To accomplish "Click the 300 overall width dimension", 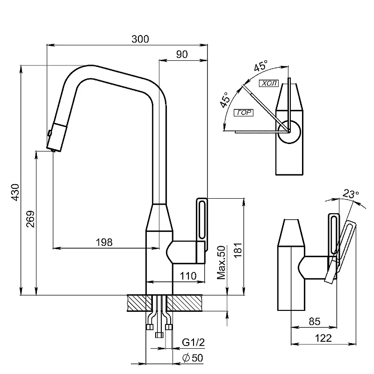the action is [140, 39].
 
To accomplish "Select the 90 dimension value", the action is [182, 54].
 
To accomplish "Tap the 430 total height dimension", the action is [15, 192].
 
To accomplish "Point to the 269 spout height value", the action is [30, 219].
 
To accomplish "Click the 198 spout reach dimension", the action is [104, 242].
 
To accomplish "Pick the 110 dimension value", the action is [188, 276].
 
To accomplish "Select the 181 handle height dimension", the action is [238, 250].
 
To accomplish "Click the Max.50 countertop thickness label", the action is [221, 262].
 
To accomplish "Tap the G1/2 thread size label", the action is [193, 342].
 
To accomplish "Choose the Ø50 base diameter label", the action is [193, 358].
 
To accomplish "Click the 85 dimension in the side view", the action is [314, 322].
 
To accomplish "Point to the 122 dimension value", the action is [323, 338].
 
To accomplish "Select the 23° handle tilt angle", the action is [351, 194].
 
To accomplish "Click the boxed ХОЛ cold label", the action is [269, 83].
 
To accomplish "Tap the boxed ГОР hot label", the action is [244, 113].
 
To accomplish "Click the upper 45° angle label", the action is [261, 65].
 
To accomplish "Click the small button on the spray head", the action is [50, 133].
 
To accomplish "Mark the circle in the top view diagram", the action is [289, 132].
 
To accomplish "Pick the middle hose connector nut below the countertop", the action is [159, 335].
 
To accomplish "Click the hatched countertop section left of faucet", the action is [139, 303].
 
